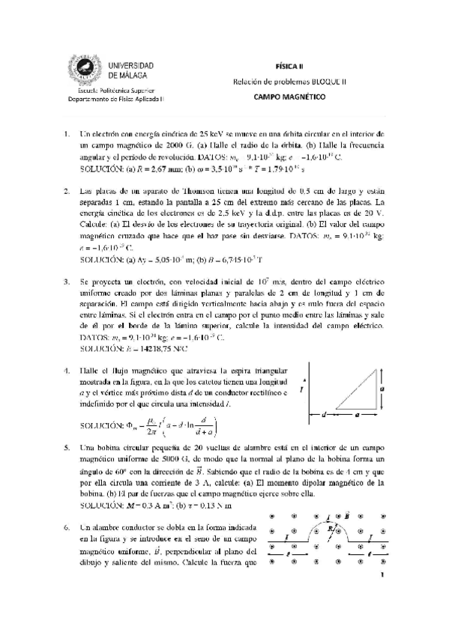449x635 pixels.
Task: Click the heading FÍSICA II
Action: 283,66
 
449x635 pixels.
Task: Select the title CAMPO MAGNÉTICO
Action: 283,97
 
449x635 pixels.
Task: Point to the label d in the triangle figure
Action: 323,413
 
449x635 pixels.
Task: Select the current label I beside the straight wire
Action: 301,389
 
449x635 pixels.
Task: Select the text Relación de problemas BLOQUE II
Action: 283,81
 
